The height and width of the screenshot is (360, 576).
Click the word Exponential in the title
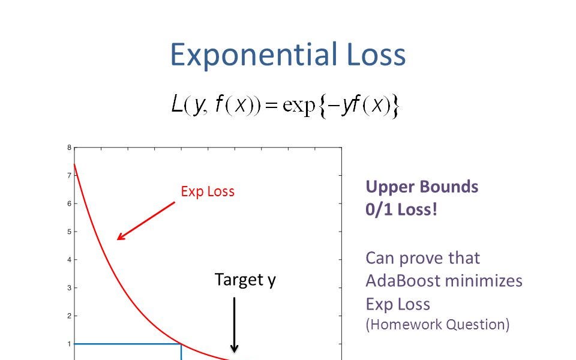tap(253, 55)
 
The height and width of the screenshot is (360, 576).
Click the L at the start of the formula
tap(177, 106)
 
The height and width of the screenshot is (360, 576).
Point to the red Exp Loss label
tap(208, 191)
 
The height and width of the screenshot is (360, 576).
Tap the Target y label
tap(245, 280)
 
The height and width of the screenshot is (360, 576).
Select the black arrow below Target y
tap(235, 325)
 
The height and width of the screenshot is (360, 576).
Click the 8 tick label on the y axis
tap(70, 148)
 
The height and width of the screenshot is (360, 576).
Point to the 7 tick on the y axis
tap(70, 176)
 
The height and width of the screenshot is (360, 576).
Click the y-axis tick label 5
tap(70, 232)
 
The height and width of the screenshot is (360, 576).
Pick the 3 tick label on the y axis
tap(70, 288)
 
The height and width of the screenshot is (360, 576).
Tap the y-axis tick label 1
tap(70, 344)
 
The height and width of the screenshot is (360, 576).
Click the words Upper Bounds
tap(422, 187)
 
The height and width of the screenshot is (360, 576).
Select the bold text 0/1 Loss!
tap(401, 211)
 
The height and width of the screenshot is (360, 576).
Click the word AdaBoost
tap(403, 280)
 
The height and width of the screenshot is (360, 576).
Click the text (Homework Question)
tap(437, 325)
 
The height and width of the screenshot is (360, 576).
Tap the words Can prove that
tap(422, 258)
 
